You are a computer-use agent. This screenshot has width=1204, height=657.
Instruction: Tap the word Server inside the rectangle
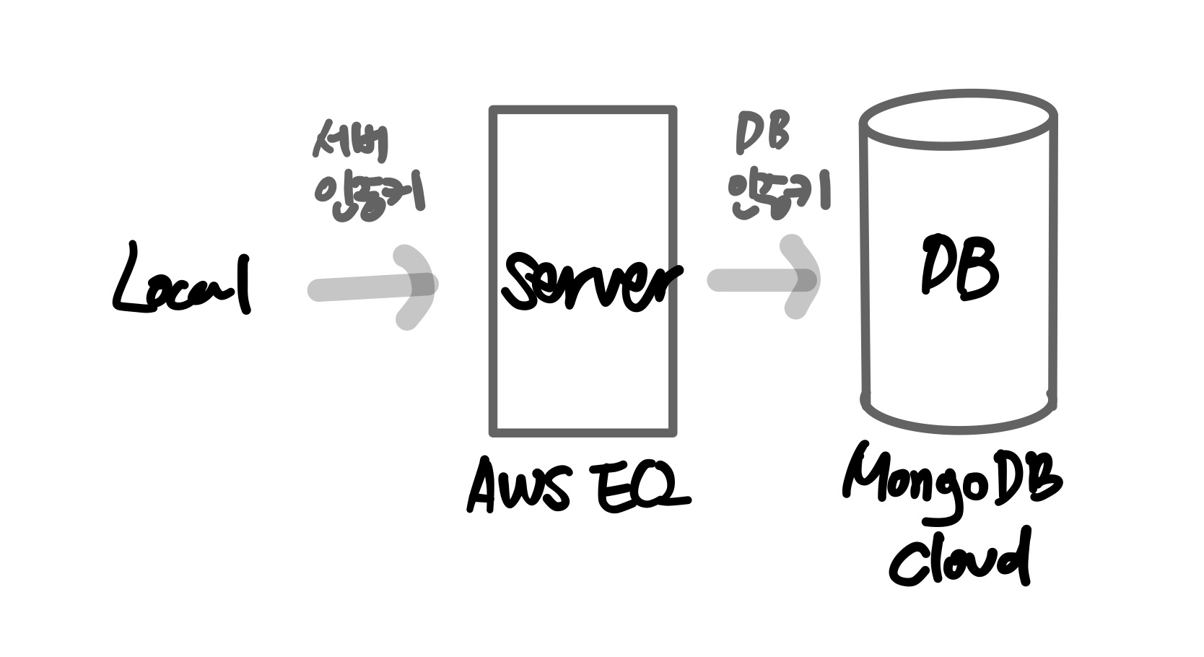[590, 282]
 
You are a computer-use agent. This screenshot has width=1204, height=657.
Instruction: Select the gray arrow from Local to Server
[372, 287]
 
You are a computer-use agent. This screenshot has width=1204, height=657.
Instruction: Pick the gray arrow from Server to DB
[762, 279]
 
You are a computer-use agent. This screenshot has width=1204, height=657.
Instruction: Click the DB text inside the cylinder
[960, 267]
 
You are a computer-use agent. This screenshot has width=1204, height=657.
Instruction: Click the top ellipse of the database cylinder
[959, 120]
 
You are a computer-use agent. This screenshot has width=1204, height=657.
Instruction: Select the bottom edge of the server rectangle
[583, 433]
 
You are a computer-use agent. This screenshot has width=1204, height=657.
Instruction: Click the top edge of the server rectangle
[583, 110]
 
